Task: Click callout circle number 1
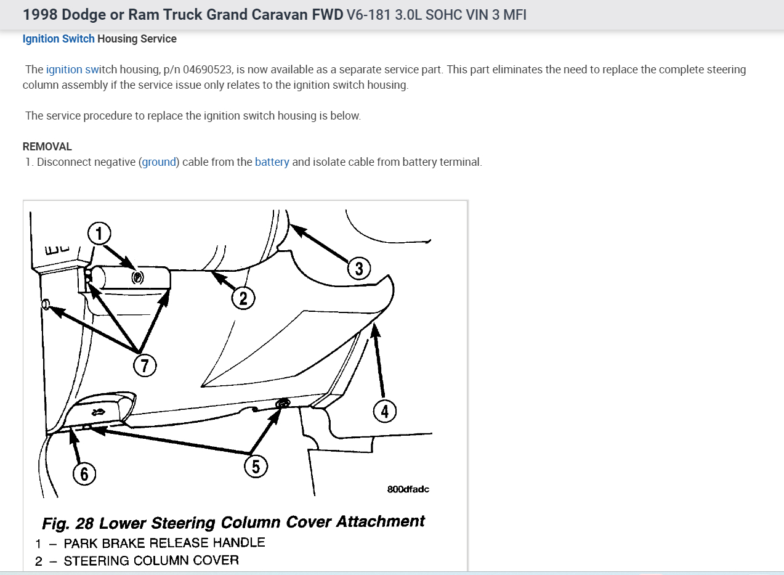point(99,234)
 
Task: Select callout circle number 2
point(243,299)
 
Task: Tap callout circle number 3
point(359,269)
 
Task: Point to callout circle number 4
point(385,410)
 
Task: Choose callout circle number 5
point(256,467)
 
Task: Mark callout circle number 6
point(84,474)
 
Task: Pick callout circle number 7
point(144,366)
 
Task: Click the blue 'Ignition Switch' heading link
point(59,39)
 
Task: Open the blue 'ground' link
point(159,162)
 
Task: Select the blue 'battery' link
point(272,162)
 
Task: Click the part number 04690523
point(206,70)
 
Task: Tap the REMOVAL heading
point(47,147)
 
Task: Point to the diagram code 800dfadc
point(408,489)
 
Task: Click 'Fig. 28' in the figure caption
point(68,524)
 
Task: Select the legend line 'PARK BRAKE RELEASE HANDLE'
point(164,544)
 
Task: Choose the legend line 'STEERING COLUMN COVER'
point(151,561)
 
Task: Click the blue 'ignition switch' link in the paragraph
point(73,70)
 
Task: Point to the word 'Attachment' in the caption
point(380,521)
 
